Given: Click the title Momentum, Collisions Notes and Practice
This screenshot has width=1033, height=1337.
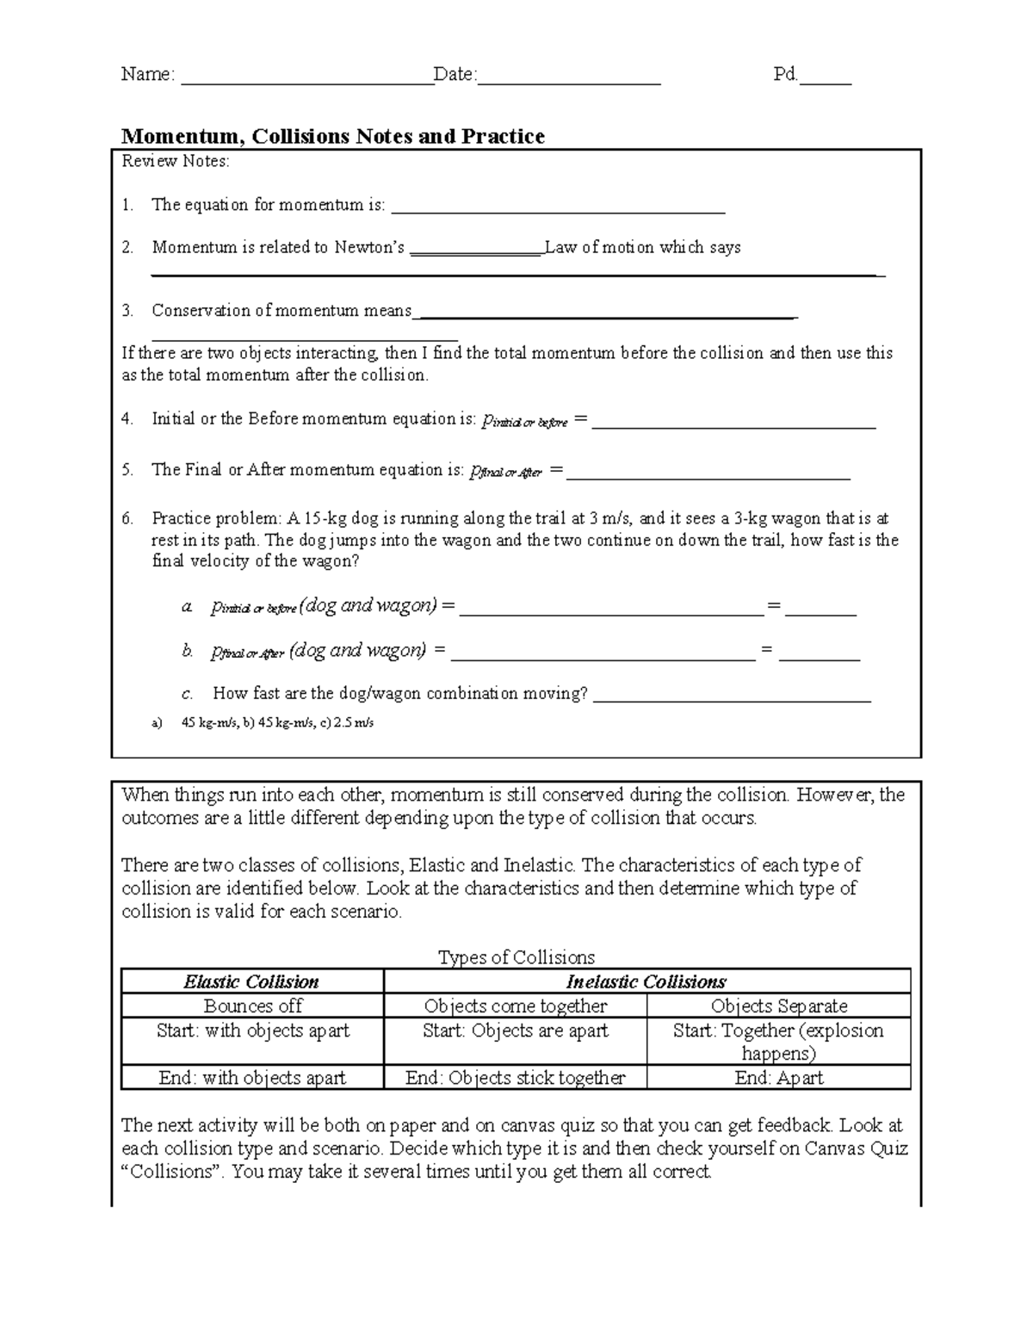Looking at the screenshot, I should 333,136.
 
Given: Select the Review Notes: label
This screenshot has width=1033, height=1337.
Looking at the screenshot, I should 176,161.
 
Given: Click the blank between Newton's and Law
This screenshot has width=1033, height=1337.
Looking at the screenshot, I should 476,251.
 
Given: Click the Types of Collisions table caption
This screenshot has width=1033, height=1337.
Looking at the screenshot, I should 516,957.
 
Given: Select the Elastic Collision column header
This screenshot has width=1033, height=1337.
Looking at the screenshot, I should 251,981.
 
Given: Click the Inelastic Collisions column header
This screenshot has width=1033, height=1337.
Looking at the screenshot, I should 646,981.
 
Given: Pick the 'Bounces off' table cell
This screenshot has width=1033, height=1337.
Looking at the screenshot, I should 253,1006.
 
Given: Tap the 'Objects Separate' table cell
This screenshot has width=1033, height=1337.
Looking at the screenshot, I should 778,1006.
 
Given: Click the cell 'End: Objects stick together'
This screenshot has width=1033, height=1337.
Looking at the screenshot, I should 515,1078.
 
